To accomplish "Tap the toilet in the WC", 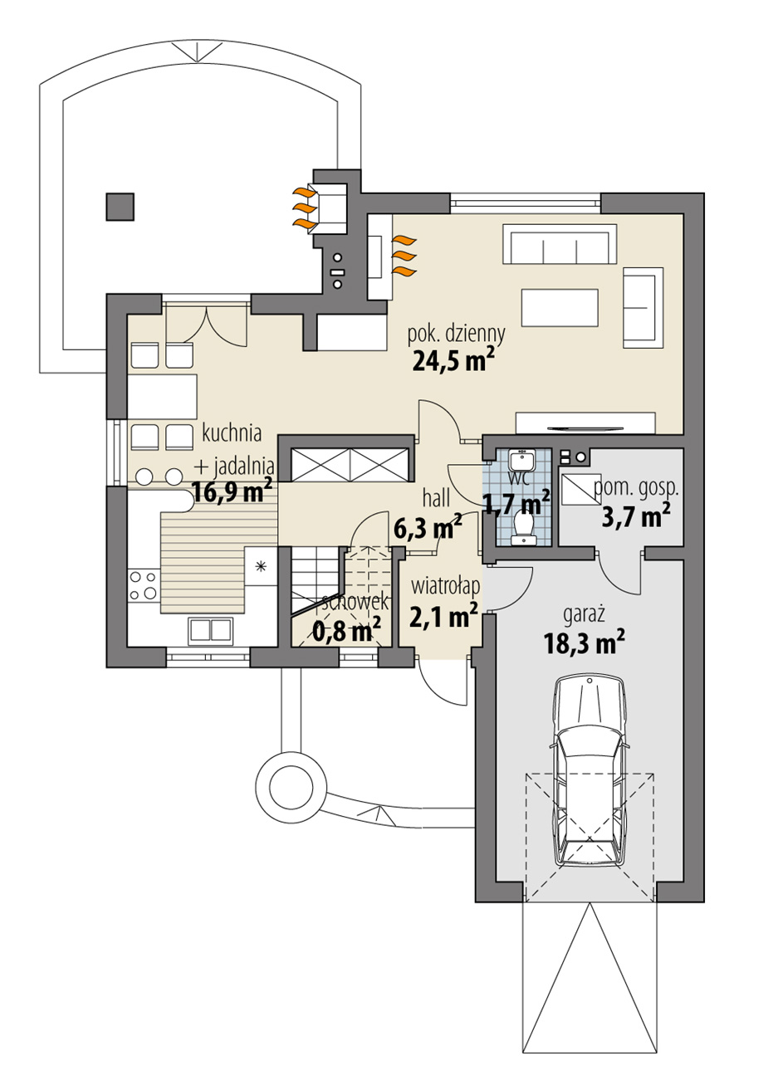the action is click(x=524, y=528).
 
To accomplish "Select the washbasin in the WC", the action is click(x=522, y=460).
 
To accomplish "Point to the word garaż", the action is click(x=584, y=614).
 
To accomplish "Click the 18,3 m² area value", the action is click(x=584, y=642).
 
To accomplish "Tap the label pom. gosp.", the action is click(x=635, y=488).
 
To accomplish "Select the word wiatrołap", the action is click(x=445, y=585).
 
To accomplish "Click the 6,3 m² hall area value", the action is click(x=428, y=527).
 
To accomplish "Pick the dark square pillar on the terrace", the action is click(x=120, y=207).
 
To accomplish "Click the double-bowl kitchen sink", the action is click(x=211, y=629).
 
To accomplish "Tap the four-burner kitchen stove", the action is click(x=144, y=585).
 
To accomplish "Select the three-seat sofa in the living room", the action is click(x=560, y=244).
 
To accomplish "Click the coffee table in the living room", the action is click(x=560, y=308).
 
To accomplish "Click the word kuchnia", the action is click(x=232, y=433).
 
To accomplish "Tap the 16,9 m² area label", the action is click(x=232, y=491).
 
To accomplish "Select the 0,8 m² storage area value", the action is click(x=346, y=633).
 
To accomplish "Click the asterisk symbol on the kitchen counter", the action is click(x=261, y=567).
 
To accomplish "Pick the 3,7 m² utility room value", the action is click(x=636, y=515).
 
